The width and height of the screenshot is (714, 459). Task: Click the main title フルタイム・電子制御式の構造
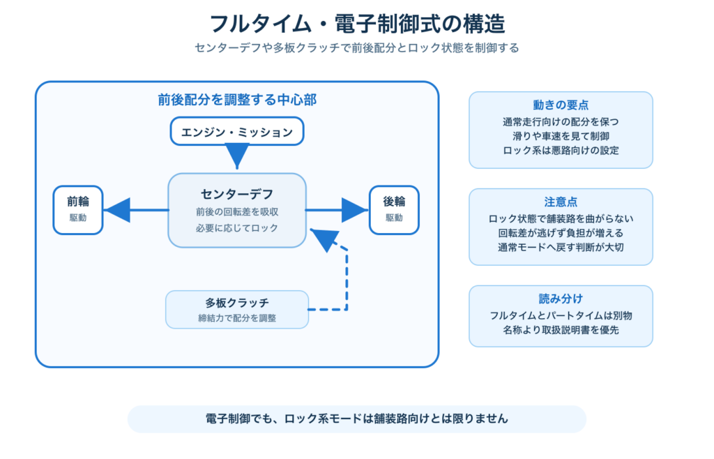click(357, 24)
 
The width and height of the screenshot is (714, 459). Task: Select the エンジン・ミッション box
click(237, 132)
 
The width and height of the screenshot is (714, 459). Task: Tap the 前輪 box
click(78, 210)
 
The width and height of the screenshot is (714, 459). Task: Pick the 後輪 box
click(394, 210)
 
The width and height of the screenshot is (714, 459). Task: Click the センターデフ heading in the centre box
click(237, 194)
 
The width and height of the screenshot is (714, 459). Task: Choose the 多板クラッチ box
click(237, 310)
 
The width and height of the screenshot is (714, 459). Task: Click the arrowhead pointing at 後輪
click(354, 210)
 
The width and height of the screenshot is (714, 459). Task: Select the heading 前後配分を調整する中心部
click(237, 100)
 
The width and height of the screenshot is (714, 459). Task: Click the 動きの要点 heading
click(561, 105)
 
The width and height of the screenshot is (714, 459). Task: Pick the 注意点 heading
click(561, 202)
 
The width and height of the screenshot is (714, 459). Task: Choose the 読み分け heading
click(561, 299)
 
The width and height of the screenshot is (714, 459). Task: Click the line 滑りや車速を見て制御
click(561, 136)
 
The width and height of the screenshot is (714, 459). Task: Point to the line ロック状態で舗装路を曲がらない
click(561, 218)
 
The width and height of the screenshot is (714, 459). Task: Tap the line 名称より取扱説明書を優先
click(561, 330)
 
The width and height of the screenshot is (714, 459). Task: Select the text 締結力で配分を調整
click(237, 318)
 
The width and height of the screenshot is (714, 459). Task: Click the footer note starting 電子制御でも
click(356, 419)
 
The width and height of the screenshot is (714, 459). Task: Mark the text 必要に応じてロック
click(237, 227)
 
